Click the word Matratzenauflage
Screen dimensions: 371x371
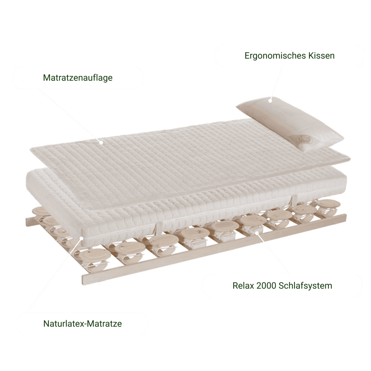[78, 78]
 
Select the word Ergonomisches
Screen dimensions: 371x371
[275, 56]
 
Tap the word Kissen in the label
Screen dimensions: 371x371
[321, 55]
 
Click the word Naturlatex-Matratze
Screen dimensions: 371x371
[83, 324]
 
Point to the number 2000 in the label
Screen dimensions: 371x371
[266, 285]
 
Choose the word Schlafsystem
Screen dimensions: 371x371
[305, 286]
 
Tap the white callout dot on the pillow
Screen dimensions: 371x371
[270, 100]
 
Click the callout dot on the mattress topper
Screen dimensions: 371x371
[101, 142]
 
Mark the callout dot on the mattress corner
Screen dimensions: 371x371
[82, 238]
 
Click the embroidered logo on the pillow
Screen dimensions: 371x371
[306, 141]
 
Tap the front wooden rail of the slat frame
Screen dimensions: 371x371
[214, 250]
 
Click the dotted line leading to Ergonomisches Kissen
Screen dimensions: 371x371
[276, 83]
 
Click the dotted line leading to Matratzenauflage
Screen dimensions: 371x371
[69, 116]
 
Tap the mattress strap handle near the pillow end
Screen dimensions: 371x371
[294, 201]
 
